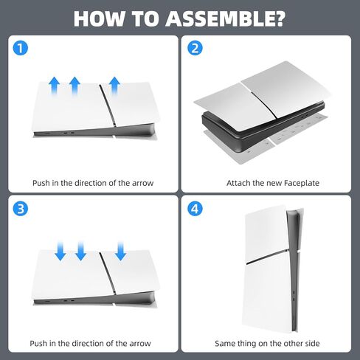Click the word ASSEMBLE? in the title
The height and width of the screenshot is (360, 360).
(x=226, y=18)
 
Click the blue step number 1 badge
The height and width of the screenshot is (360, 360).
(x=21, y=48)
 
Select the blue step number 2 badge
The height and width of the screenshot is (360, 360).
(x=195, y=48)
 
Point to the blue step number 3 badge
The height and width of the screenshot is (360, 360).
(x=21, y=209)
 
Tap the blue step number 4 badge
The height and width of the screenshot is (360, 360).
(x=195, y=209)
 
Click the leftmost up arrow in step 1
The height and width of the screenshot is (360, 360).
(x=55, y=86)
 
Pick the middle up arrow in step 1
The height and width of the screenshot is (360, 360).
(x=75, y=86)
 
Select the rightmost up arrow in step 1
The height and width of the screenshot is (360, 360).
(x=114, y=86)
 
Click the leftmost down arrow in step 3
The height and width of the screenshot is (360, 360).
(x=60, y=251)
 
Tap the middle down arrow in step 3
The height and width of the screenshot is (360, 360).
(x=80, y=251)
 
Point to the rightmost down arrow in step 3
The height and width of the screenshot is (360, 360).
(x=120, y=251)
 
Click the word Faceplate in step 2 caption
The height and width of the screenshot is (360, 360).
(x=302, y=183)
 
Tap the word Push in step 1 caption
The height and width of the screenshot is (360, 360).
(x=41, y=183)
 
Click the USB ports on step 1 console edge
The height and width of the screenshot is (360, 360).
(x=69, y=133)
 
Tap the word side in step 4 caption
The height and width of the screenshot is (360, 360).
(x=311, y=343)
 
